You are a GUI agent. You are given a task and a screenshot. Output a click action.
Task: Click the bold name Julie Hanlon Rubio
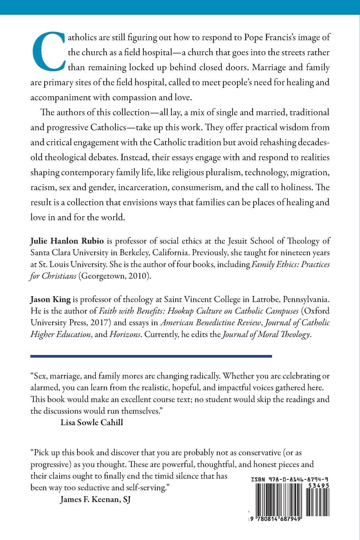click(x=63, y=241)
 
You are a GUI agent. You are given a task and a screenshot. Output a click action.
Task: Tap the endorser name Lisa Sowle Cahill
click(x=91, y=422)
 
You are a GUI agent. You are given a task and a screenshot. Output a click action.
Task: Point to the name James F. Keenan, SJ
click(x=95, y=500)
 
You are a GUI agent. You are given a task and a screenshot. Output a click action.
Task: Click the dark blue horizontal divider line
click(x=151, y=356)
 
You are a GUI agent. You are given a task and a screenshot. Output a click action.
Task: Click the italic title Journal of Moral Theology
click(x=266, y=334)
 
